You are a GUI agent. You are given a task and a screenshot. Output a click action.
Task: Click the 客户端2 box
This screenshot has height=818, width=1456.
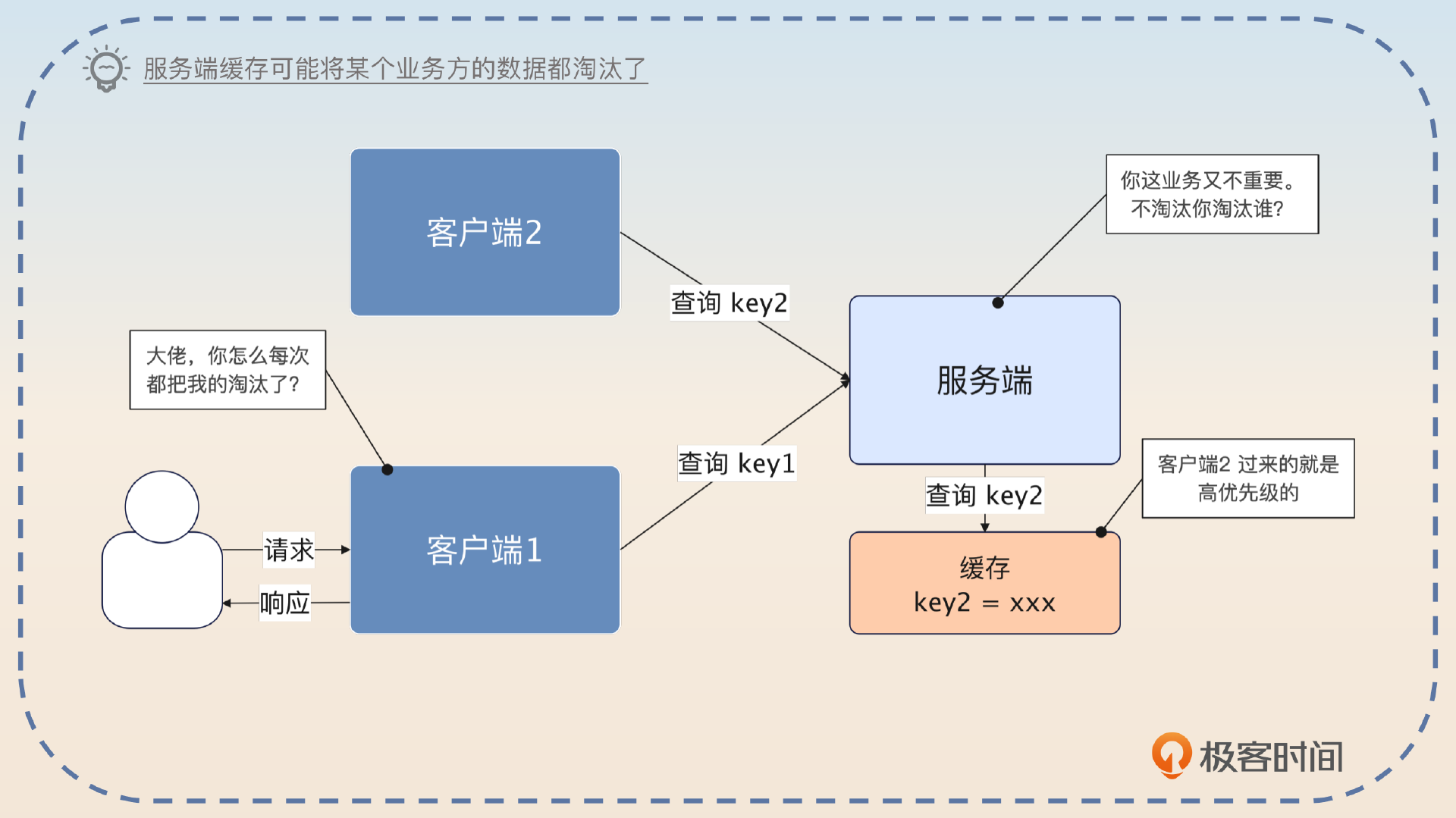[x=485, y=232]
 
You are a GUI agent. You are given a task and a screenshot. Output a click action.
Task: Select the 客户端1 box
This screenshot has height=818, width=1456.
[x=485, y=550]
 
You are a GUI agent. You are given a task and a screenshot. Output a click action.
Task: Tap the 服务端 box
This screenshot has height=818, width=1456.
[x=984, y=380]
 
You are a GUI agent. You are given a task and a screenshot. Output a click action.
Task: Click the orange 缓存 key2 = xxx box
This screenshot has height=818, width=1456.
[x=984, y=583]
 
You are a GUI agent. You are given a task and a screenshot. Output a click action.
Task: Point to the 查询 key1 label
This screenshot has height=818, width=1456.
[x=736, y=463]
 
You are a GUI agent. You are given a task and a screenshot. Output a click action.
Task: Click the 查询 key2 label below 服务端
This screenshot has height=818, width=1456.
[x=984, y=495]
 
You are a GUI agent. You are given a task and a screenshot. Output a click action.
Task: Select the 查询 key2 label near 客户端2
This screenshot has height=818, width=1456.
[x=729, y=302]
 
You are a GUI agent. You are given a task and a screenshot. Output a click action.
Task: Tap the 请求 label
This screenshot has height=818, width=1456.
[x=288, y=550]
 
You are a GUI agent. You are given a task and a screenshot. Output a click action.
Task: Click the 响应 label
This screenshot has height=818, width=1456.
[x=284, y=603]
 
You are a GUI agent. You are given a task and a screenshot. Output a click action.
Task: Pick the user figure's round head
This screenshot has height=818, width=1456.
[x=162, y=506]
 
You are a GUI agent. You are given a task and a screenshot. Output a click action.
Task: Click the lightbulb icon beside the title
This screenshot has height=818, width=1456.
[x=106, y=69]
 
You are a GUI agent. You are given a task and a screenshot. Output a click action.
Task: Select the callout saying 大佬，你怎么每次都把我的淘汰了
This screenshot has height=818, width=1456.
[x=227, y=370]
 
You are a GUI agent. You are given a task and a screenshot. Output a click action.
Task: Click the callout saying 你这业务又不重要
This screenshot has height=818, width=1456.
[x=1212, y=194]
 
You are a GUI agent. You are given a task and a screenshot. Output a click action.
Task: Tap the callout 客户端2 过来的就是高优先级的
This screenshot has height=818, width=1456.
[x=1247, y=478]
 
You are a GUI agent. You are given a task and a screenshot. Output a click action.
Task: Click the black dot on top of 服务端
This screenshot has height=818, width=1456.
[x=998, y=302]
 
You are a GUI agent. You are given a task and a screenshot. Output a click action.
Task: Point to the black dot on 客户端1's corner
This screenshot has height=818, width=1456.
[x=388, y=470]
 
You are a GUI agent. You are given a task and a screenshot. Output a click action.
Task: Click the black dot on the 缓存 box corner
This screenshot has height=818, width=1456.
[x=1101, y=532]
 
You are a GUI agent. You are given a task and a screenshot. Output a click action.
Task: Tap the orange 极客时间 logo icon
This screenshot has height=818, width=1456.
[x=1171, y=754]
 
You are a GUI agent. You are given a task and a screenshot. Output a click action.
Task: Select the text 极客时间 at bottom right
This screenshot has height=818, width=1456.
[x=1271, y=757]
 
